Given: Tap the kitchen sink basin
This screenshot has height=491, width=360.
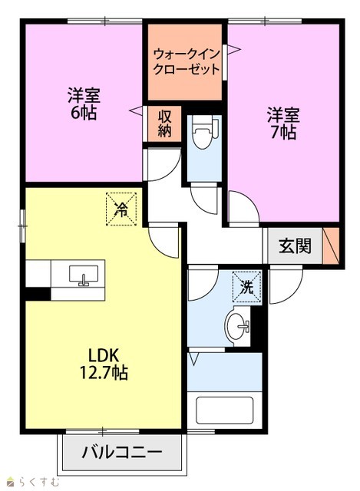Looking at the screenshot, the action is pos(84,275).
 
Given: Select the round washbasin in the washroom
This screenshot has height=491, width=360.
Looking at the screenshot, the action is pos(238,326).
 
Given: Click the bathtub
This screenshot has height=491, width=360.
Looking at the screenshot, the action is pos(224,410).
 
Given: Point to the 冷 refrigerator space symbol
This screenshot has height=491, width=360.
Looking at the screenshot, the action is pos(121,209).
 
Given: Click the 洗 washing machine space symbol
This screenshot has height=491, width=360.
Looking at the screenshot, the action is pos(246,287).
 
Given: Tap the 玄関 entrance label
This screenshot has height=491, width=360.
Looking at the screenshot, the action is pos(296,245).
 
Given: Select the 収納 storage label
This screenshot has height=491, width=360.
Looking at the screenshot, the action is pos(164,124).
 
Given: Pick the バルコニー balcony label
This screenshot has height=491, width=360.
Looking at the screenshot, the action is pos(122,452).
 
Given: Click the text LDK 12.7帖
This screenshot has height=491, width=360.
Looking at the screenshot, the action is pos(104,364).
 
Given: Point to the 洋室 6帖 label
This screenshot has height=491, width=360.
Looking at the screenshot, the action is pos(84,104).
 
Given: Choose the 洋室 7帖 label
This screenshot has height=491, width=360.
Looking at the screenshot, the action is pos(283,124).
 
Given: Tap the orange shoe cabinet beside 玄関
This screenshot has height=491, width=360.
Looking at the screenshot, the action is pos(331,245).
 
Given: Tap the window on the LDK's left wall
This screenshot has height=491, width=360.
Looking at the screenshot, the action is pos(22,226).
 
